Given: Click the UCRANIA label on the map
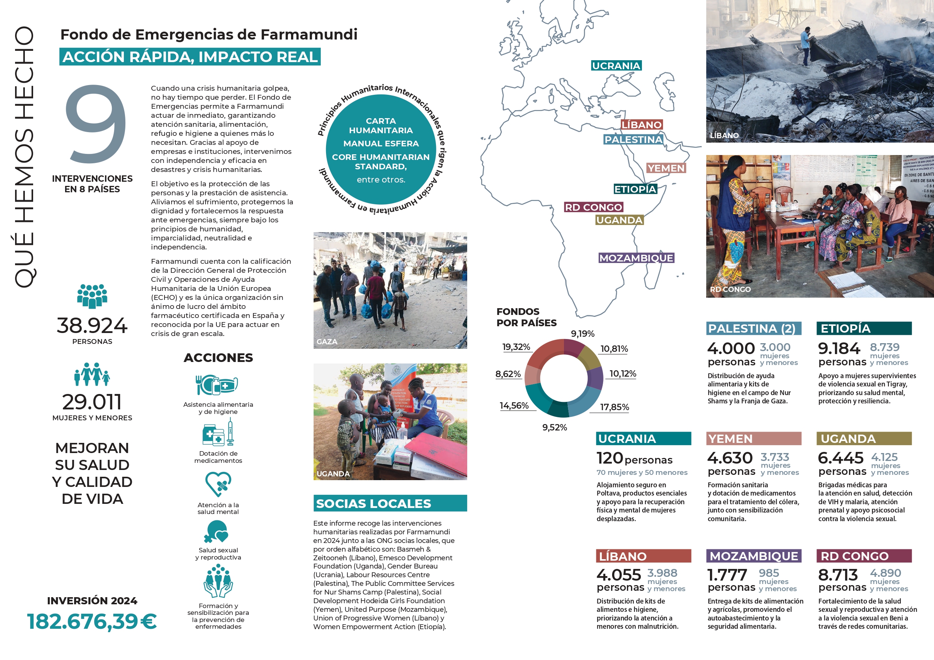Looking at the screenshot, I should (616, 66).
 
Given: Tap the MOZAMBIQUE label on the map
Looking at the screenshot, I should (636, 258).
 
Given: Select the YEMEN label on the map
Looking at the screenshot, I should (666, 168).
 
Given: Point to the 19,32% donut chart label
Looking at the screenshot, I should (516, 347).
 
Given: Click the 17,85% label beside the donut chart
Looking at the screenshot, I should (614, 407).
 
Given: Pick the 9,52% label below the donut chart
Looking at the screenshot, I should (555, 427).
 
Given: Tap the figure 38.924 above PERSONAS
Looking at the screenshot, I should (92, 325).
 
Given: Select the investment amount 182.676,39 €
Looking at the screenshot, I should (92, 621).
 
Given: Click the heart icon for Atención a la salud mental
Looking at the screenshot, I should (218, 484).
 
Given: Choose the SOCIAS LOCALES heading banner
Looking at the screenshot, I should (390, 503).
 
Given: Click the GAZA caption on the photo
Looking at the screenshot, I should (327, 342).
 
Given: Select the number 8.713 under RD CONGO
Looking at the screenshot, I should (838, 575).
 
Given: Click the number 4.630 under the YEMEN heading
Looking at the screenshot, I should (730, 458).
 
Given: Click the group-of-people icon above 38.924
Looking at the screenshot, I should (92, 296).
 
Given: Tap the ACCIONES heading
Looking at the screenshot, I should (218, 357).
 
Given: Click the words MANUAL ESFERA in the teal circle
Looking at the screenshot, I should (381, 143).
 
